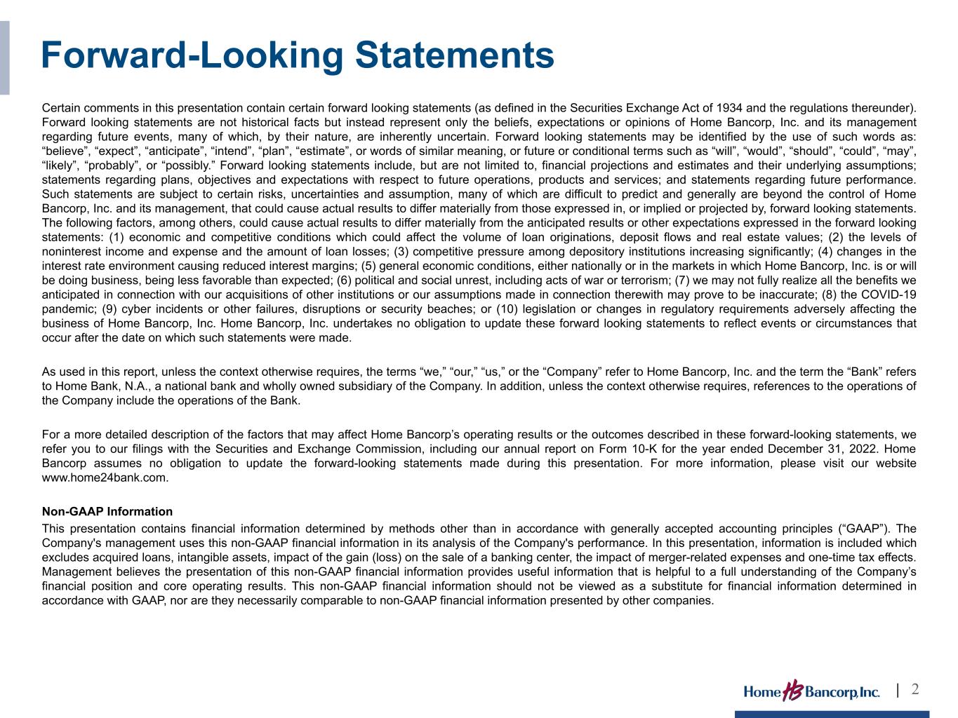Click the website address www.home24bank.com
(x=105, y=477)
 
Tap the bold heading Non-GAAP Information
(x=107, y=511)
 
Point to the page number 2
(x=915, y=689)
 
